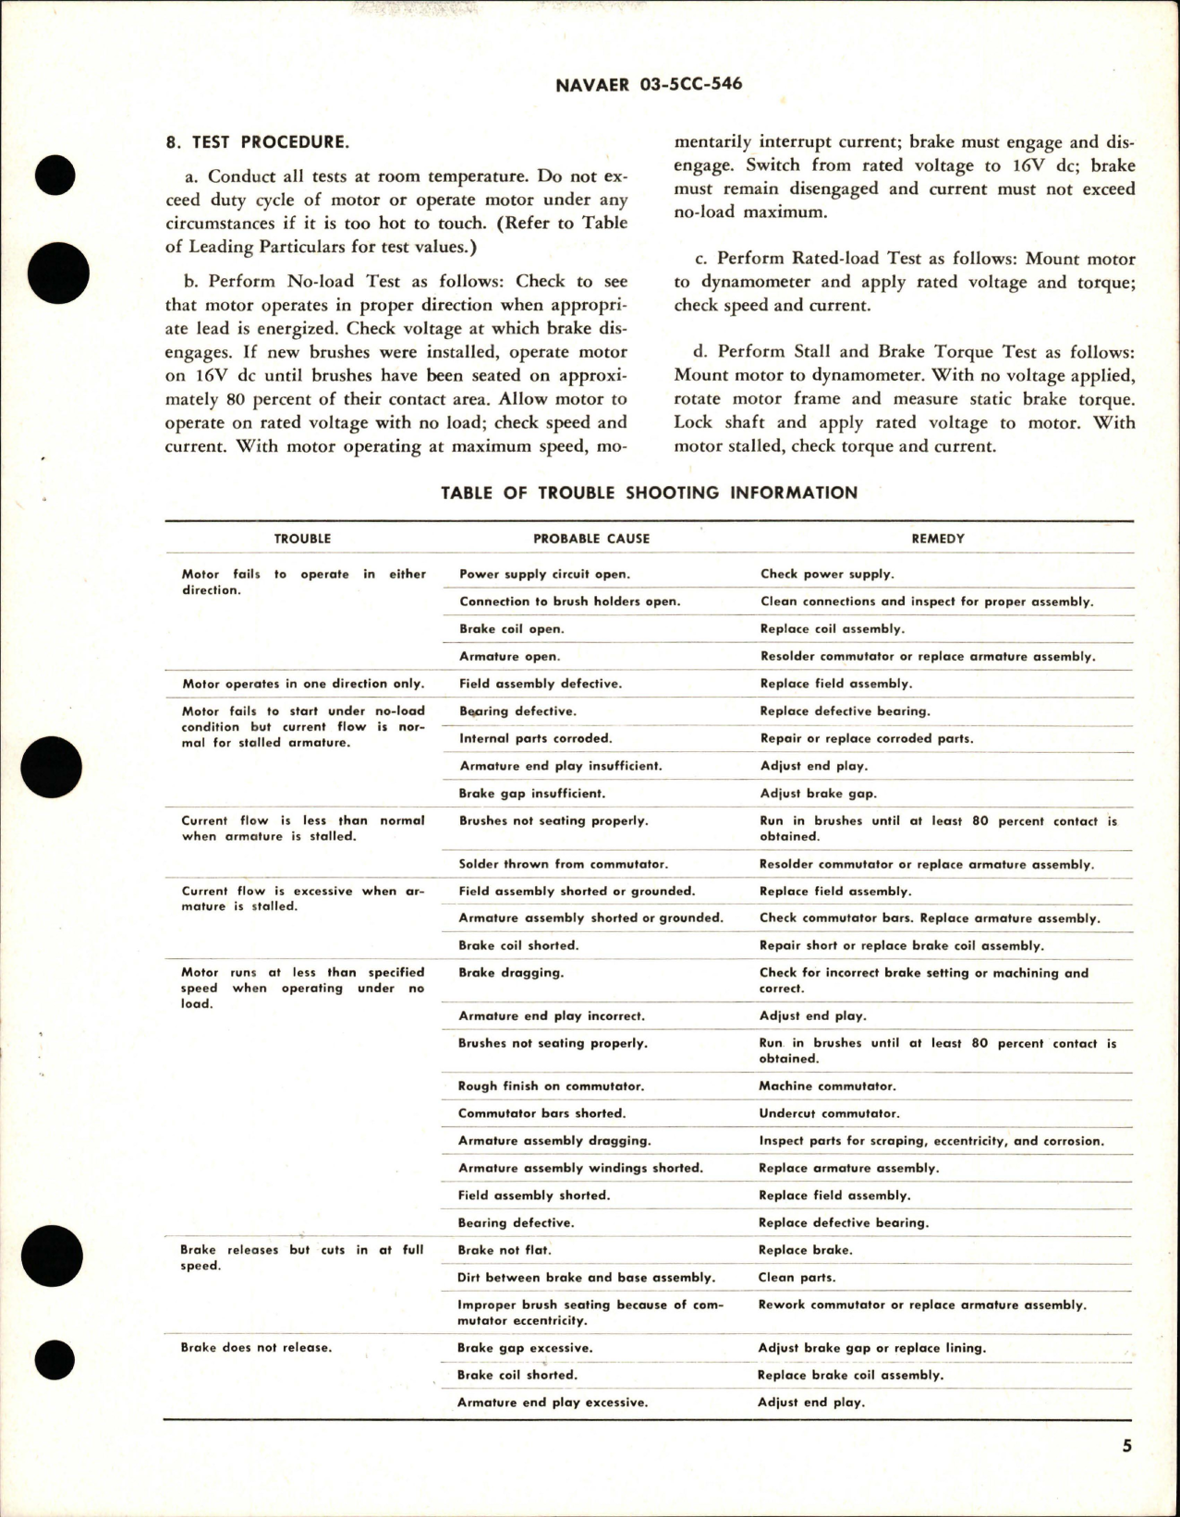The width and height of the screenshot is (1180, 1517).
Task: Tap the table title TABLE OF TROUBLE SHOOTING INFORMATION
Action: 649,492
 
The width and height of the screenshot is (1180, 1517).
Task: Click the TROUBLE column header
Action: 302,539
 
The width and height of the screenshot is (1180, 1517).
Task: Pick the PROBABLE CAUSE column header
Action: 591,539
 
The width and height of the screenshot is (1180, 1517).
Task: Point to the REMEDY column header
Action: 938,539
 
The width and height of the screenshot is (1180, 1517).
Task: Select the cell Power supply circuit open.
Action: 544,575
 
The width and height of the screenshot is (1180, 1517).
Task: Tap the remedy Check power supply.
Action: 827,575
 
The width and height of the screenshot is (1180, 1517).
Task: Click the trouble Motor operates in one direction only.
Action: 303,685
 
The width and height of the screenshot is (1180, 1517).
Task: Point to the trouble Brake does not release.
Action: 255,1348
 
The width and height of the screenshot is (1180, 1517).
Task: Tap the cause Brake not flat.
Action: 505,1251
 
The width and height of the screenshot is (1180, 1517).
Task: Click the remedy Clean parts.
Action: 797,1278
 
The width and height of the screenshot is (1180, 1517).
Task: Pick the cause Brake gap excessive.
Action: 525,1348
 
